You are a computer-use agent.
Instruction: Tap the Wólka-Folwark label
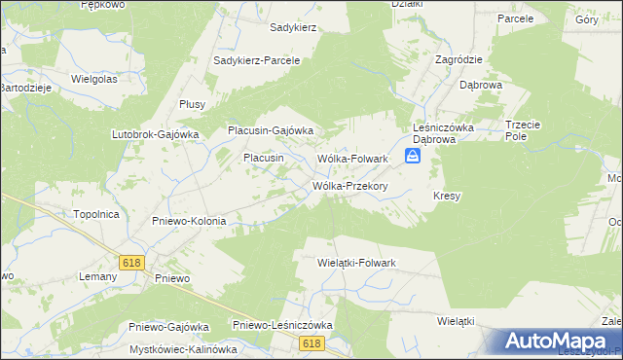coord(353,159)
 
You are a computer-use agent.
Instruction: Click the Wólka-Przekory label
coord(350,186)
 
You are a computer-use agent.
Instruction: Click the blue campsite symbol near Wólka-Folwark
coord(413,157)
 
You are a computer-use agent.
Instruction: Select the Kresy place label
coord(447,196)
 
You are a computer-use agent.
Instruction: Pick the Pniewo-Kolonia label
coord(189,221)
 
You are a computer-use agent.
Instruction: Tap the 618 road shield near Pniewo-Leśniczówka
coord(311,342)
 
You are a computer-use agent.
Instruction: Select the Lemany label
coord(97,276)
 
